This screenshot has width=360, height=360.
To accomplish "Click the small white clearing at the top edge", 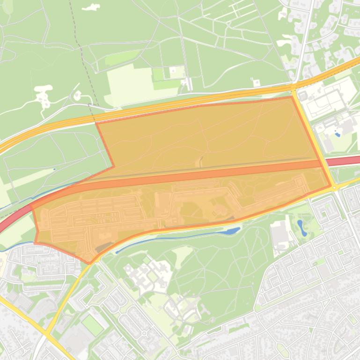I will [x=91, y=7].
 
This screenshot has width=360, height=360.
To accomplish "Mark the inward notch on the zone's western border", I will [x=113, y=166].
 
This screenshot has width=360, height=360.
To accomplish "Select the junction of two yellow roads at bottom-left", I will [x=47, y=334].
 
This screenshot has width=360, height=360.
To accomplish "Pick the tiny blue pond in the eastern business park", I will [x=338, y=135].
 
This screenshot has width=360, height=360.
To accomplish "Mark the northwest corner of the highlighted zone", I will [x=96, y=123].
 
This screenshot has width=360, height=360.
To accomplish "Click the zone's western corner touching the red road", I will [x=31, y=206].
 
